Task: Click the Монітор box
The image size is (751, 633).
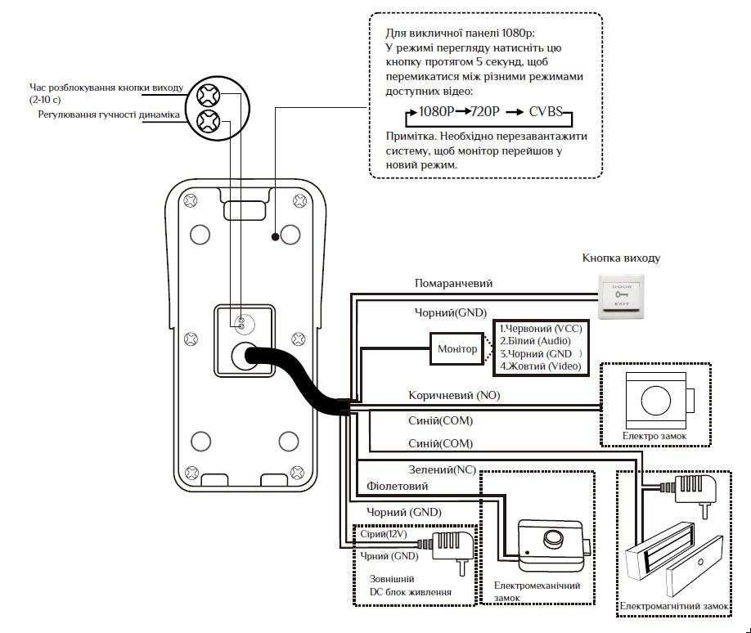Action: pos(457,350)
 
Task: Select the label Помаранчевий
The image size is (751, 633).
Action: pos(453,283)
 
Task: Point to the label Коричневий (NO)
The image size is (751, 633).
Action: pos(454,395)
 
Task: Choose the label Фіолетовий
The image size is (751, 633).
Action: pos(397,486)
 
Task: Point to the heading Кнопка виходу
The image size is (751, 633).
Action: pos(621,258)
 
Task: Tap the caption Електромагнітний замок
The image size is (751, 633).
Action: pos(673,606)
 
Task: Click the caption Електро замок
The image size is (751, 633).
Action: pos(654,437)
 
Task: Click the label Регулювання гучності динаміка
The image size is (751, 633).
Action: pos(109,114)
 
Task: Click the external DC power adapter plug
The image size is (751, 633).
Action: pos(451,544)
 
